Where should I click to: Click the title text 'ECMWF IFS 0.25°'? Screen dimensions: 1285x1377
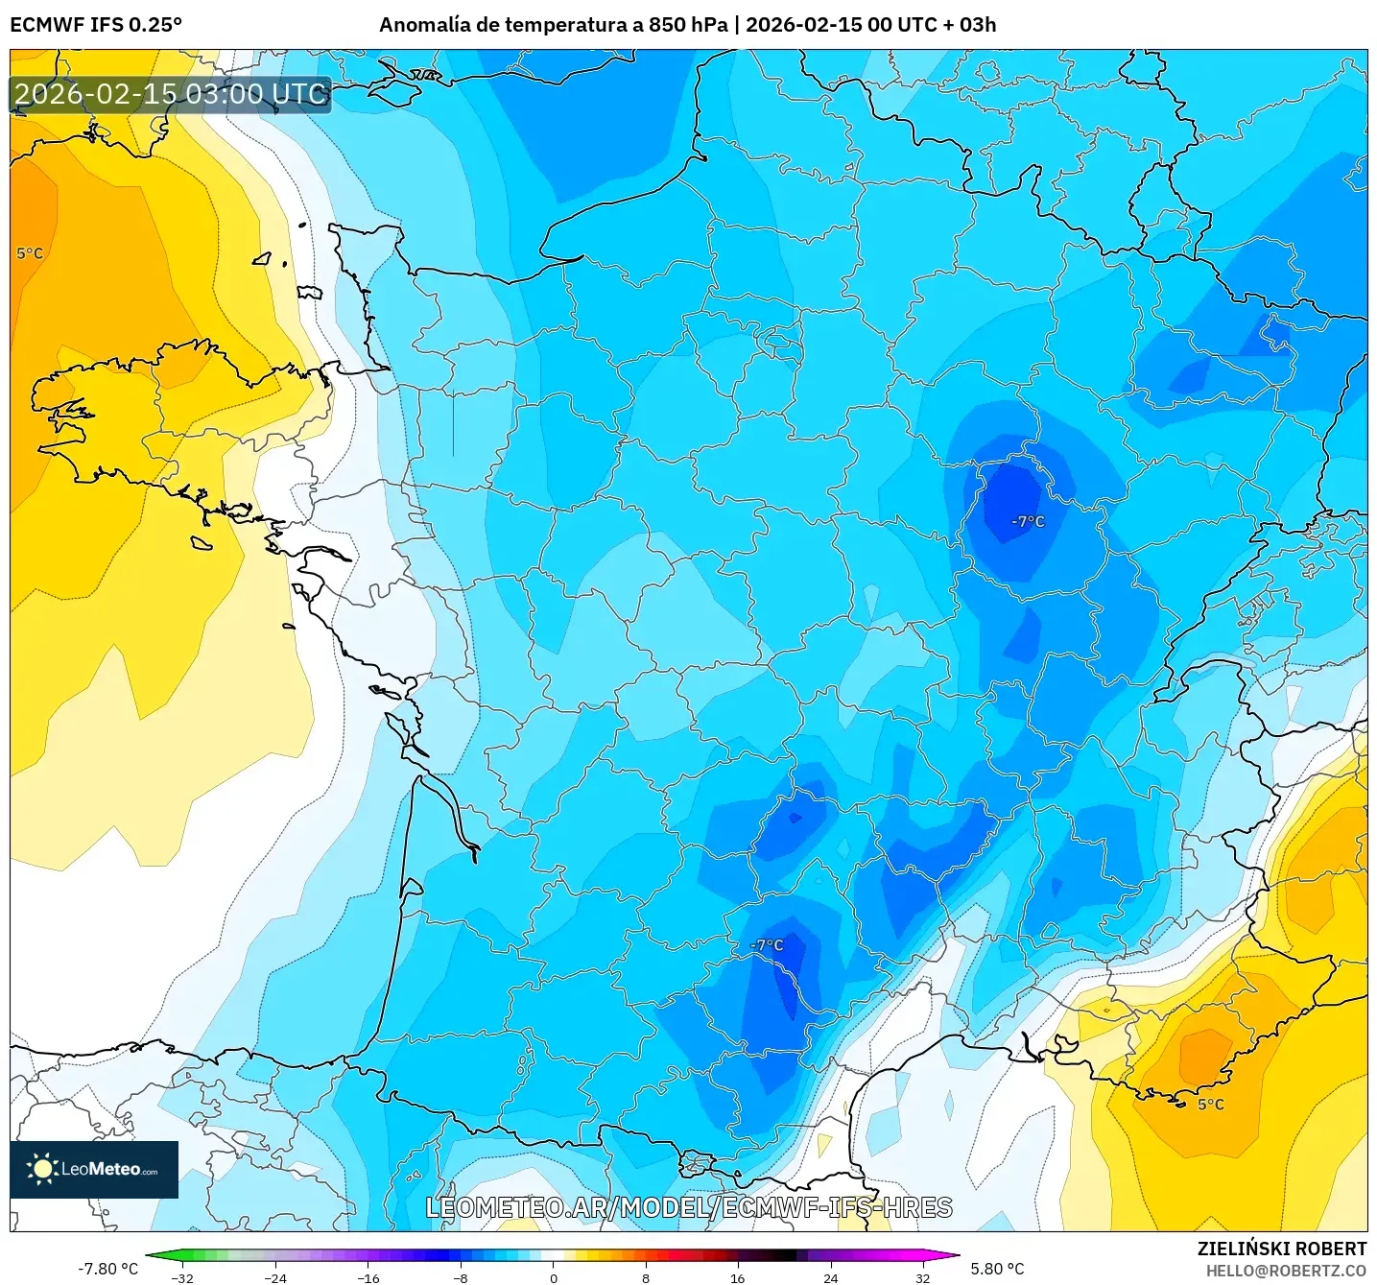(x=96, y=25)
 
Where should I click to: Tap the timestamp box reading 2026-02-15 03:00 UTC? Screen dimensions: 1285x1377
(x=171, y=94)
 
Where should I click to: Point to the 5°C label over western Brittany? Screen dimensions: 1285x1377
(x=30, y=253)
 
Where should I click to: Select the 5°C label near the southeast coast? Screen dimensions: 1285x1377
(x=1210, y=1105)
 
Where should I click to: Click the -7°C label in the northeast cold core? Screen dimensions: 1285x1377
(x=1028, y=521)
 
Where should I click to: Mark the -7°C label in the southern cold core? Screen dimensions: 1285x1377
(x=767, y=945)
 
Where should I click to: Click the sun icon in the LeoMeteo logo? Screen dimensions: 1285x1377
(x=42, y=1169)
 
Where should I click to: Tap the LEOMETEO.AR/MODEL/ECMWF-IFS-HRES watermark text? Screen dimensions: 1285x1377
(x=689, y=1207)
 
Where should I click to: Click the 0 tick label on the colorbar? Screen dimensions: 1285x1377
(x=554, y=1277)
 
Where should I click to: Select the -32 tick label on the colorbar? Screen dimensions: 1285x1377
(x=181, y=1277)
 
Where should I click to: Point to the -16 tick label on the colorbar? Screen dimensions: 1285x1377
(x=368, y=1277)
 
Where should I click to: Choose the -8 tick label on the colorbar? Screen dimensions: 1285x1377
(x=461, y=1277)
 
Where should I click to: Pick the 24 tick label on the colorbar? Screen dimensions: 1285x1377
(x=830, y=1277)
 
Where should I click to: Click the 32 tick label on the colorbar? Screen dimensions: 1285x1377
(x=922, y=1277)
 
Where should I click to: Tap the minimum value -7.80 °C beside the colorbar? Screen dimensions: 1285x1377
(x=107, y=1269)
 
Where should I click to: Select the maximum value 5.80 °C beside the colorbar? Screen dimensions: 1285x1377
(x=997, y=1269)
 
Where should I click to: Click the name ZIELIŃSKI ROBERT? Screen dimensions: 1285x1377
(x=1281, y=1249)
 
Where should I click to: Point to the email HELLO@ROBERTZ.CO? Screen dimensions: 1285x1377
(x=1286, y=1271)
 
